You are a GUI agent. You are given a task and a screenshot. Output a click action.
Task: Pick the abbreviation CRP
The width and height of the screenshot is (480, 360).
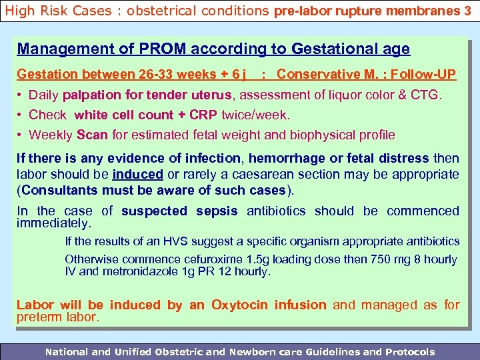pyautogui.click(x=203, y=115)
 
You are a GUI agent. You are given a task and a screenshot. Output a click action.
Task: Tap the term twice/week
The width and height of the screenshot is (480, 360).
pyautogui.click(x=256, y=115)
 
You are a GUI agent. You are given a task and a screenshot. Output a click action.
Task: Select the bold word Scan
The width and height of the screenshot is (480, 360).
pyautogui.click(x=92, y=135)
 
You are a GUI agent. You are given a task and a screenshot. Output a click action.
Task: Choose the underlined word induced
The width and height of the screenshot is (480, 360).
pyautogui.click(x=137, y=175)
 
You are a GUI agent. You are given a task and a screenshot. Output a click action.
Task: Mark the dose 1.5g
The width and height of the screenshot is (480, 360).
pyautogui.click(x=261, y=259)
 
